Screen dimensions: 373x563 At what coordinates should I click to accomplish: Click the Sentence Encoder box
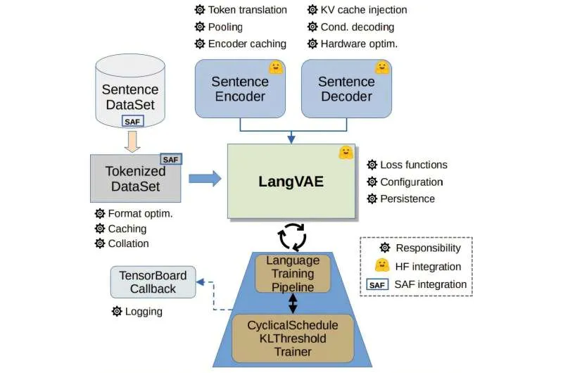tap(239, 88)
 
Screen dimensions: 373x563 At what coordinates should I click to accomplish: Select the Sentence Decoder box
tap(348, 88)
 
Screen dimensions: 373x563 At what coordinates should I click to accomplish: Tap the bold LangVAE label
tap(291, 182)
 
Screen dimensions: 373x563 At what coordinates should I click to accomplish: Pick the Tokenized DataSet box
tap(132, 179)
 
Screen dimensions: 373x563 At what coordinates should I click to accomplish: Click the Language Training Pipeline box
tap(292, 274)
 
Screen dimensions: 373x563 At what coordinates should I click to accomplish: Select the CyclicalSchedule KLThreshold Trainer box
tap(292, 339)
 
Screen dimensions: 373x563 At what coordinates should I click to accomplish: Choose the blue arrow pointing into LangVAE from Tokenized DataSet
tap(204, 179)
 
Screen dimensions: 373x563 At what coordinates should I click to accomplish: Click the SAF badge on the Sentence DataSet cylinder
tap(133, 121)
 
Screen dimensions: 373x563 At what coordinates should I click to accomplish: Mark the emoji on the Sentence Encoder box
tap(275, 68)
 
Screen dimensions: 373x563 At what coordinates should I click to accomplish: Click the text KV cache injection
tap(364, 10)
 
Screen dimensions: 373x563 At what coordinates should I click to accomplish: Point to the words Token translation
tap(248, 10)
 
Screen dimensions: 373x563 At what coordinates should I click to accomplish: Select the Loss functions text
tap(414, 165)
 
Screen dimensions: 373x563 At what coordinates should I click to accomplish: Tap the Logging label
tap(144, 311)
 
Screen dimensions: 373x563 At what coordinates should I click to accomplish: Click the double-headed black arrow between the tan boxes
tap(293, 303)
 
